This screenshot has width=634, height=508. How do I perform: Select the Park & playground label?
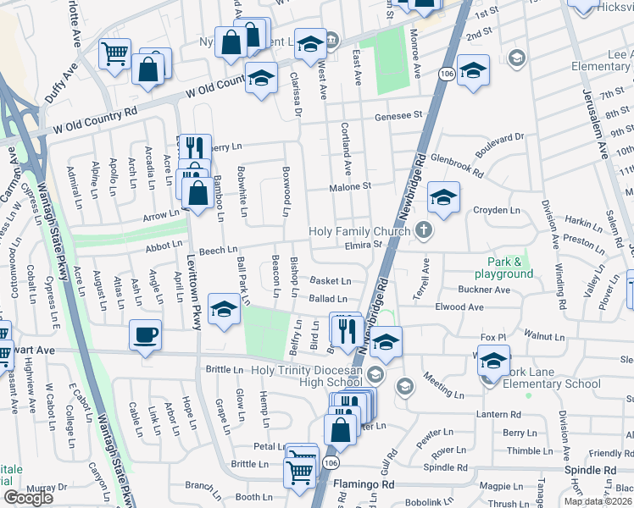pyautogui.click(x=509, y=268)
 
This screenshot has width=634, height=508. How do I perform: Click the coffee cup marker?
pyautogui.click(x=145, y=335)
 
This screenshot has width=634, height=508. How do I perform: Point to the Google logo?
pyautogui.click(x=28, y=498)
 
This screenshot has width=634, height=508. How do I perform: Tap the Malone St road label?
pyautogui.click(x=355, y=186)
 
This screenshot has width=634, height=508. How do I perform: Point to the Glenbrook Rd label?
pyautogui.click(x=456, y=166)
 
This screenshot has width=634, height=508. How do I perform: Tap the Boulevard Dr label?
pyautogui.click(x=501, y=142)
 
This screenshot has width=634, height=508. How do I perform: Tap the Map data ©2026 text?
pyautogui.click(x=598, y=501)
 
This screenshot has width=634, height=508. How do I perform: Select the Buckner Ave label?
pyautogui.click(x=483, y=290)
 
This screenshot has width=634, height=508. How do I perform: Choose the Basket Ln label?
pyautogui.click(x=330, y=281)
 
